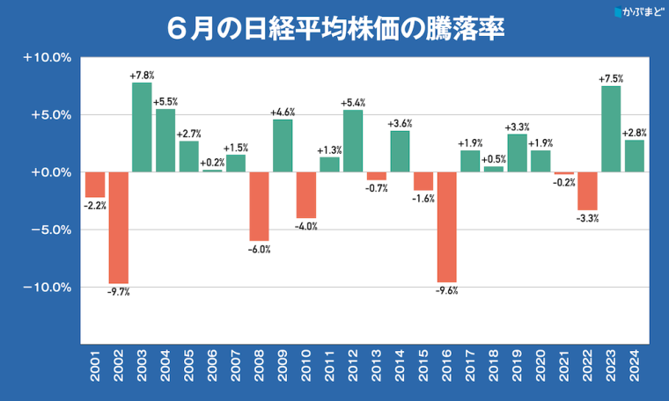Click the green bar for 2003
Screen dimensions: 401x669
click(142, 128)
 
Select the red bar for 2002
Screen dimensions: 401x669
click(119, 228)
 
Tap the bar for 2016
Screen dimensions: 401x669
click(447, 228)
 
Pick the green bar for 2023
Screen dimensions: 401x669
click(611, 129)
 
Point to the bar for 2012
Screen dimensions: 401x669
click(353, 141)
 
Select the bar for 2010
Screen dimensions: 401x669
click(306, 195)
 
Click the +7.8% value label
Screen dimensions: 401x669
click(142, 76)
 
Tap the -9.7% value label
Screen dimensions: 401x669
click(119, 292)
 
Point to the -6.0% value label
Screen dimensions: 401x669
click(259, 250)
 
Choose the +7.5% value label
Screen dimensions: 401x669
click(611, 79)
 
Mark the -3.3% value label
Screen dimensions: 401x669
click(587, 217)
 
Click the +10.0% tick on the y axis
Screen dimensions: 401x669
click(47, 58)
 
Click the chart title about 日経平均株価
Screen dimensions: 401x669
click(334, 27)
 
